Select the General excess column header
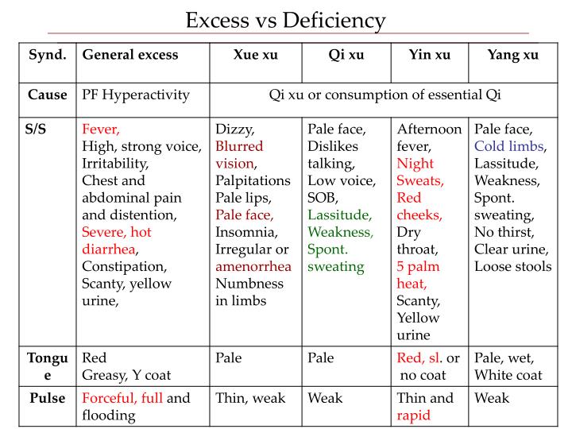coord(130,55)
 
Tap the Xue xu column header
coord(256,55)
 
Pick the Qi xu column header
coord(346,55)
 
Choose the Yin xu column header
coord(429,55)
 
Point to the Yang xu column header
coord(512,55)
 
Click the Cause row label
coord(48,95)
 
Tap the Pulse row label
coord(47,398)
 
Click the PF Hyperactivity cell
coord(136,95)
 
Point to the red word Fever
coord(101,129)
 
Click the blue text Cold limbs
coord(509,146)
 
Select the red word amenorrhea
coord(253,266)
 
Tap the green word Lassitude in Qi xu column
coord(340,214)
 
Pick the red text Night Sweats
coord(419,172)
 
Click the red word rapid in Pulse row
coord(414,415)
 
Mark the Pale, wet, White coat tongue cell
coord(508,366)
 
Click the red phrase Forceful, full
coord(122,398)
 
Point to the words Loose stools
coord(513,266)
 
